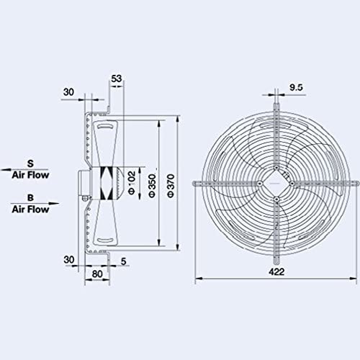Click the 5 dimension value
tap(126, 261)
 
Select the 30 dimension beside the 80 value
tap(69, 260)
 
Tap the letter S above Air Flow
tap(30, 163)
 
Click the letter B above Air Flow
tap(30, 199)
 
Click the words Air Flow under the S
tap(30, 174)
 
